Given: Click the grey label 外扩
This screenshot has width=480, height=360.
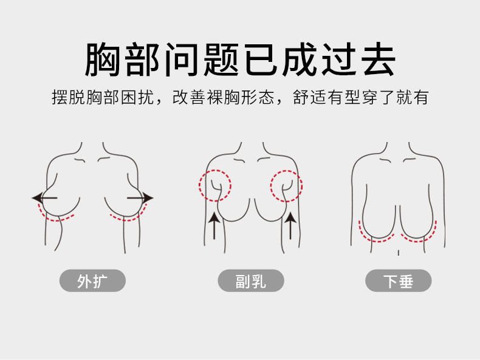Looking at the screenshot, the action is tap(92, 281).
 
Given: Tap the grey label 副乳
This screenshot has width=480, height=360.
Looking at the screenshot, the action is tap(251, 281).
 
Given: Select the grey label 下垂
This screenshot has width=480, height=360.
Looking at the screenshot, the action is tap(398, 281).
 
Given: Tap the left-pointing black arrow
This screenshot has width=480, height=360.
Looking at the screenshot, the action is tap(44, 198).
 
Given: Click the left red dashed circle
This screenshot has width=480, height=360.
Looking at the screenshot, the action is tap(214, 186).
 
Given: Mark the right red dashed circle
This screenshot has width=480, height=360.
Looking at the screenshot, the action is tap(286, 186).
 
